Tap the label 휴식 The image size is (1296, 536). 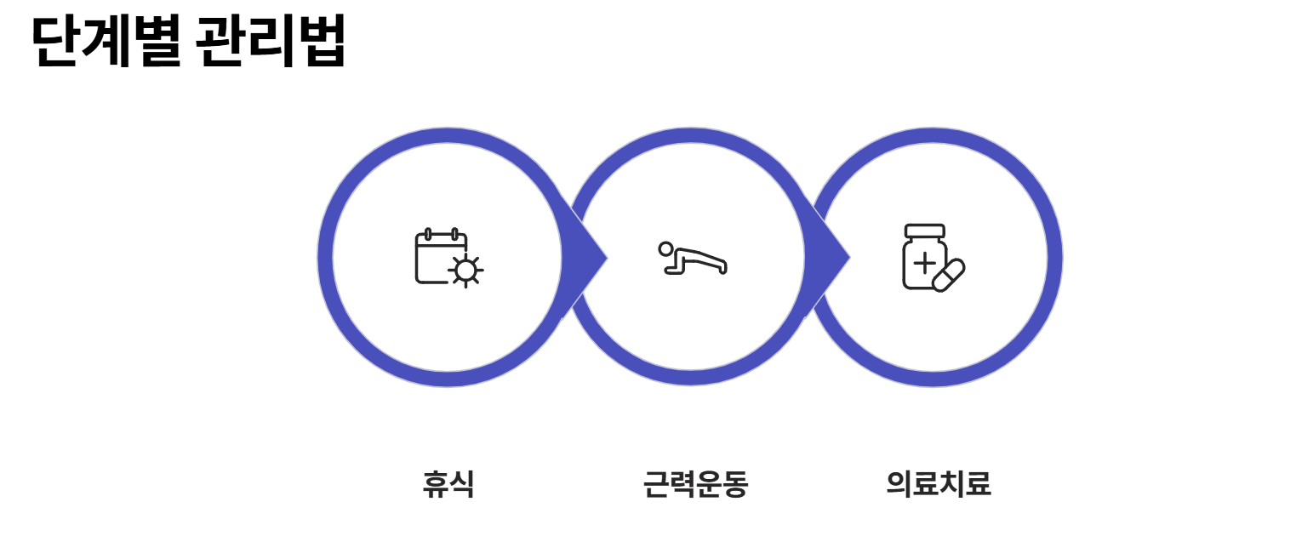pos(448,484)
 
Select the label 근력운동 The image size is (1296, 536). pos(695,484)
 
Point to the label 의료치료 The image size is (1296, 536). pos(939,484)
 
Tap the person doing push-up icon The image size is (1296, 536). pos(693,258)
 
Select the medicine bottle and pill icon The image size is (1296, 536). pos(933,258)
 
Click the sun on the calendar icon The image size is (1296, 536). pos(465,271)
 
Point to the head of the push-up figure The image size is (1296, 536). pos(666,248)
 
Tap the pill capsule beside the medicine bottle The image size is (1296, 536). pos(949,275)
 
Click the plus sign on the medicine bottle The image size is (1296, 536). pos(923,263)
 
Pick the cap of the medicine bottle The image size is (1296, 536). pos(925,231)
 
